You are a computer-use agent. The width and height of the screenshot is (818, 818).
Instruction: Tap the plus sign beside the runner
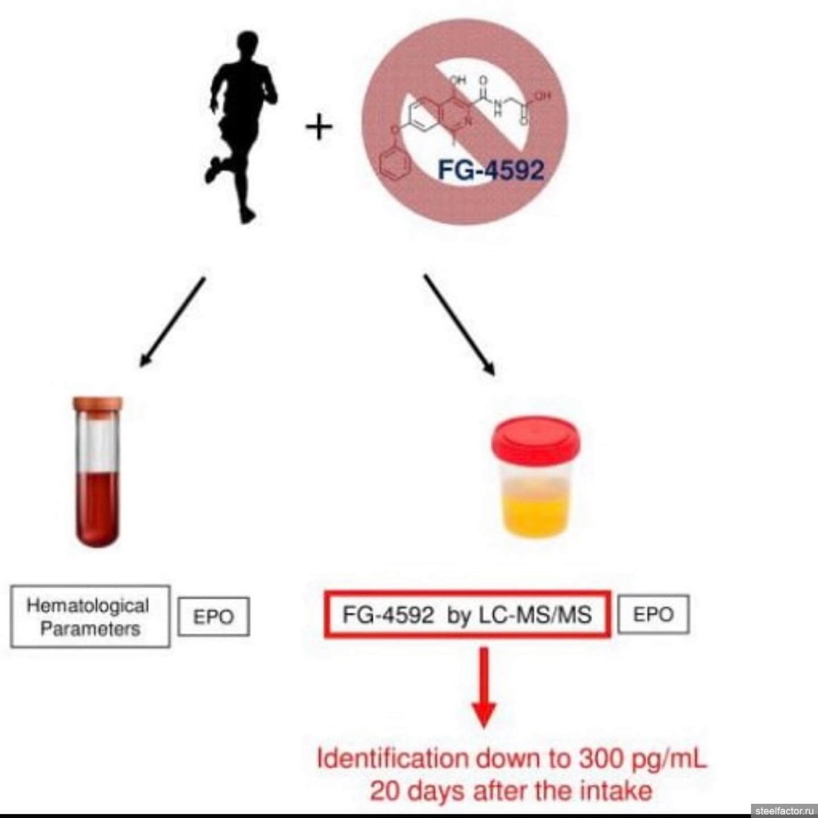(x=319, y=127)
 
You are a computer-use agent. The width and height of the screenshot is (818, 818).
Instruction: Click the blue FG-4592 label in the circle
(x=490, y=169)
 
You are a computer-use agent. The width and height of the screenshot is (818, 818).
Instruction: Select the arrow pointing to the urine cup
(x=458, y=324)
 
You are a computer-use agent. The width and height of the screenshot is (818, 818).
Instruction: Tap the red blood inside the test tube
(x=98, y=506)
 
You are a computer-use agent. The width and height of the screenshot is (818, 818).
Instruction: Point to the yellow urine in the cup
(x=535, y=514)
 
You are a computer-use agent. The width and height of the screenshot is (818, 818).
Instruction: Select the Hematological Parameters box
(x=90, y=616)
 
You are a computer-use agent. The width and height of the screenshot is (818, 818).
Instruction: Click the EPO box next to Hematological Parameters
(x=214, y=616)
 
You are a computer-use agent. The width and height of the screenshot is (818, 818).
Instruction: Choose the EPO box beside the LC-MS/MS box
(x=653, y=614)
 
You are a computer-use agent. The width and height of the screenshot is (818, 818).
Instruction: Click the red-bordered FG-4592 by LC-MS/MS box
(x=467, y=615)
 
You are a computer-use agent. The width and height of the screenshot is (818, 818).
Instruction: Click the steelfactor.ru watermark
(x=784, y=810)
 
